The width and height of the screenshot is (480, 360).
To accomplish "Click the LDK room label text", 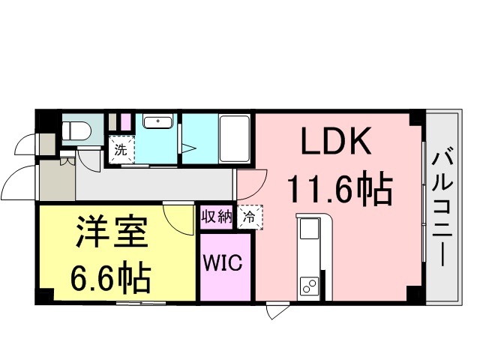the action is point(336,141).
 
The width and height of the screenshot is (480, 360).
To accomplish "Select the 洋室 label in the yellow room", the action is point(112,232).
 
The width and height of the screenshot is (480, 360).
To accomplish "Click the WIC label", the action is point(223,262).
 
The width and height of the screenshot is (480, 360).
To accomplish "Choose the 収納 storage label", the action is point(217,217).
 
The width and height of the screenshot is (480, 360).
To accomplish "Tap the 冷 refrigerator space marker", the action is point(250,217).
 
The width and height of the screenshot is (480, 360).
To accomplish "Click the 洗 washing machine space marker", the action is point(121,150).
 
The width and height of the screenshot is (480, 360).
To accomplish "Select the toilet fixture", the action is point(76,130).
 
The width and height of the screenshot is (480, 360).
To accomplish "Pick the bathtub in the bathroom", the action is point(235,139).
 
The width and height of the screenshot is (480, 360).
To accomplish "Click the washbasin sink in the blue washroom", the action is point(158,121).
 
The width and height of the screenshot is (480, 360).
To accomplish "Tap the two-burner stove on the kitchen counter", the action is point(309,286).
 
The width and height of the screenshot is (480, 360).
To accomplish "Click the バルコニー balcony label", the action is point(442,208).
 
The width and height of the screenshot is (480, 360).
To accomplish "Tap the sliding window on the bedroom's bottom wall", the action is point(141,303).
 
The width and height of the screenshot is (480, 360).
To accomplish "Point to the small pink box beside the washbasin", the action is point(126,122).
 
